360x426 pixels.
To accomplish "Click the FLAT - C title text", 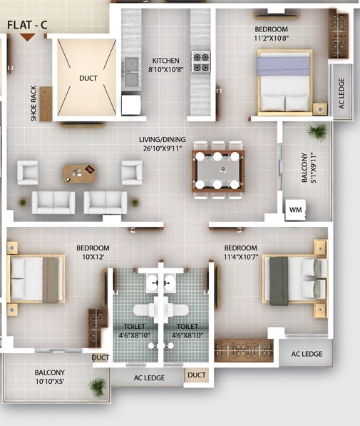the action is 27,25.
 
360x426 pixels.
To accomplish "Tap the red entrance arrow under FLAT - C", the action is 27,38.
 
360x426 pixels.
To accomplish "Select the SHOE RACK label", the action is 34,103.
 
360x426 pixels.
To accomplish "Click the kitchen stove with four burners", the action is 200,61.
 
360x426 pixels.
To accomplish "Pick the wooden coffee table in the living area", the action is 79,173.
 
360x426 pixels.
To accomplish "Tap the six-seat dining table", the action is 218,171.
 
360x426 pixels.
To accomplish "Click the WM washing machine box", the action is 295,210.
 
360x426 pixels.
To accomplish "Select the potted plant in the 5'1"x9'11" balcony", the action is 317,132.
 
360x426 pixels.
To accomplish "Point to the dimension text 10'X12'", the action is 93,257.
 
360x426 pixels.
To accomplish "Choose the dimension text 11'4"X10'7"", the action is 241,257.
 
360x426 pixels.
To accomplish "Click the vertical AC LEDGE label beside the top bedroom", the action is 341,93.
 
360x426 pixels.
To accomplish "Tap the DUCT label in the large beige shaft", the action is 88,78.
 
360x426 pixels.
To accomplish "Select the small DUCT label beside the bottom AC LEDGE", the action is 197,375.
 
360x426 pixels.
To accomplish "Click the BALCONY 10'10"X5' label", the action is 50,377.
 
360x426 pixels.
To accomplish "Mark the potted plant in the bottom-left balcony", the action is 98,387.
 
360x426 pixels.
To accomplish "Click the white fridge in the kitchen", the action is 131,105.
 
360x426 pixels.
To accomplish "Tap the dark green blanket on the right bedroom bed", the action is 279,281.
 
